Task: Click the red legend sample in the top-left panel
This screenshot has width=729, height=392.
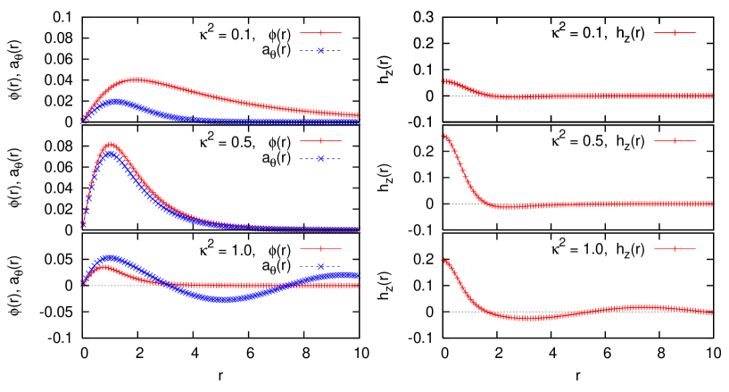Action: [x=320, y=33]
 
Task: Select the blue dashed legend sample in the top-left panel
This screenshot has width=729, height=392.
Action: [x=320, y=51]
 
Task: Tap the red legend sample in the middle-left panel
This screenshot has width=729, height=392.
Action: [x=320, y=141]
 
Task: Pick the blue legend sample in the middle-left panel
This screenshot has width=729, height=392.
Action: [x=320, y=159]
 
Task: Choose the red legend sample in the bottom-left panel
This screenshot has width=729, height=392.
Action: [x=320, y=248]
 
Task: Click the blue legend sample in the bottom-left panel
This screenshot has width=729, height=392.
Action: [x=320, y=266]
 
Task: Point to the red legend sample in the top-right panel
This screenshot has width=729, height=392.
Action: [x=675, y=33]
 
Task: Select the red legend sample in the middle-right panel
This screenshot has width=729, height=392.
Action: [x=675, y=141]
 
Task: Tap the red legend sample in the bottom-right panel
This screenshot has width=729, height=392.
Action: [x=675, y=248]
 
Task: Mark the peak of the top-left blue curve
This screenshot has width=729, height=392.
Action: [x=115, y=102]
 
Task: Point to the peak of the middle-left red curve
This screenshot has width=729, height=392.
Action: [x=110, y=144]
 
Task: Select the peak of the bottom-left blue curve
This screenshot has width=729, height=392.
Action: [x=110, y=258]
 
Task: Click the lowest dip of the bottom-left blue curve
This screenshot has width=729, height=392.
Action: [x=223, y=299]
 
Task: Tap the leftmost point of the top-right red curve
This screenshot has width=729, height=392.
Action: [x=443, y=81]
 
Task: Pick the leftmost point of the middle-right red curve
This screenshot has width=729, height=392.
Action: [x=443, y=136]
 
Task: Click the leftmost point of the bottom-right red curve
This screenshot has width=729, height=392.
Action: [x=443, y=260]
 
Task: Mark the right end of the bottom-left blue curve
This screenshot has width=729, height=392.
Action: [x=357, y=274]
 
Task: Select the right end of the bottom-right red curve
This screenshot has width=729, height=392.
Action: [x=711, y=313]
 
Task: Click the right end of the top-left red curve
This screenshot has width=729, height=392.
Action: [x=357, y=115]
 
